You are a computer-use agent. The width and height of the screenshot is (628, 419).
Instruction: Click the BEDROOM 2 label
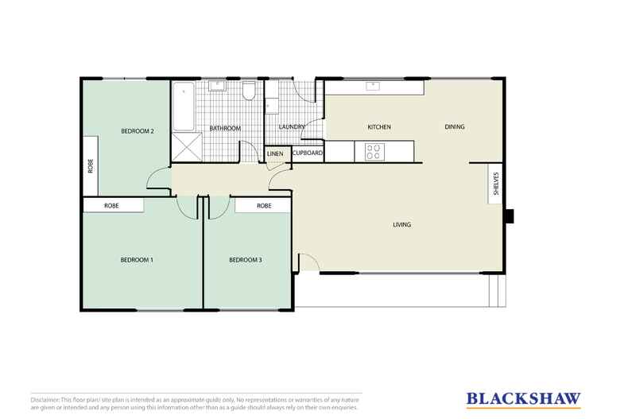coord(137,130)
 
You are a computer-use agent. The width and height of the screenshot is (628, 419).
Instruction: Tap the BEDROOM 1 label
coord(136,260)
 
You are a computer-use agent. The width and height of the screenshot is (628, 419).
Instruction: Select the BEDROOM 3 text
coord(245,260)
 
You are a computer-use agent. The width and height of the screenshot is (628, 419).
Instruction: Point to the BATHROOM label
coord(224,128)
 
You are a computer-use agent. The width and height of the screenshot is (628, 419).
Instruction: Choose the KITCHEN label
coord(378,127)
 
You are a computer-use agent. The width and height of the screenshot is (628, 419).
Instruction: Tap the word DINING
coord(455,127)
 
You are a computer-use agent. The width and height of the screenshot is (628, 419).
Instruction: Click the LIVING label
coord(402,225)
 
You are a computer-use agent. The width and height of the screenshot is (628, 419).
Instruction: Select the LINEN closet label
coord(275,153)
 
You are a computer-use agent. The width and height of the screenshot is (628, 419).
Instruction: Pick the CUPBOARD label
coord(307,153)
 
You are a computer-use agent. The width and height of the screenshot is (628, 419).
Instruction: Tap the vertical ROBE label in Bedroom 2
coord(90,165)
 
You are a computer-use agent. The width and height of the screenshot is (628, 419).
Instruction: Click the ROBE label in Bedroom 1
coord(112,206)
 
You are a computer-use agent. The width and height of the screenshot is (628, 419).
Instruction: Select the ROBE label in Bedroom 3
coord(264,206)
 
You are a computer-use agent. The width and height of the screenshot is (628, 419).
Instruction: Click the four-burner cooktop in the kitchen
coord(373,151)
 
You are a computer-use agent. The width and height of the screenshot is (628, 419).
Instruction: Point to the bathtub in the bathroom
coord(184,107)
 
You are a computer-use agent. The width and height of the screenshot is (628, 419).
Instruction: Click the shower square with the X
coord(184,147)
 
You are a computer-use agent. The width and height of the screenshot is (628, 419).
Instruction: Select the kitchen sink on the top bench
coord(372,85)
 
